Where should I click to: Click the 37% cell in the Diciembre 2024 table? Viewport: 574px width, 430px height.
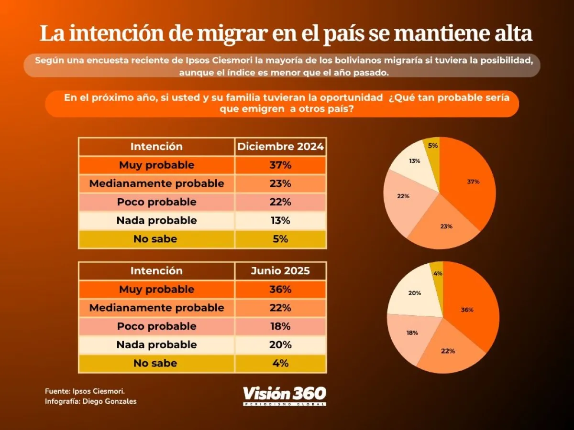coord(280,165)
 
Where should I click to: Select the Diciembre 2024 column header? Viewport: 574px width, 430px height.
coord(280,147)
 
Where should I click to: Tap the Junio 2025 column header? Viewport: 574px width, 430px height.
coord(280,271)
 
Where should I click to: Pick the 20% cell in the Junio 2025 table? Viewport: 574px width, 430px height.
coord(280,344)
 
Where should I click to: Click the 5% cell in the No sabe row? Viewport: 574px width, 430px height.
coord(280,239)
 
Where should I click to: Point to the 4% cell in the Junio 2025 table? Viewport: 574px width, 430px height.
coord(280,363)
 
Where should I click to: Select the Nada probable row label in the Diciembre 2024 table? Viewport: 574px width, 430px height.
coord(156,220)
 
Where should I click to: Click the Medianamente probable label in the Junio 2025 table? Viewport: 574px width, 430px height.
coord(156,308)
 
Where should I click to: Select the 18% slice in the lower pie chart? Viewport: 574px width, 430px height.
coord(410,335)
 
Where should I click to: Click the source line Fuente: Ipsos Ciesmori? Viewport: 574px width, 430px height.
coord(85,391)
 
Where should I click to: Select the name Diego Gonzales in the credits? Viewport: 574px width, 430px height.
coord(110,401)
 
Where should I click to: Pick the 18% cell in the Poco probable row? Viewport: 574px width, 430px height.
coord(280,326)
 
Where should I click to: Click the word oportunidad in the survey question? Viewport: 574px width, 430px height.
coord(351,97)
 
